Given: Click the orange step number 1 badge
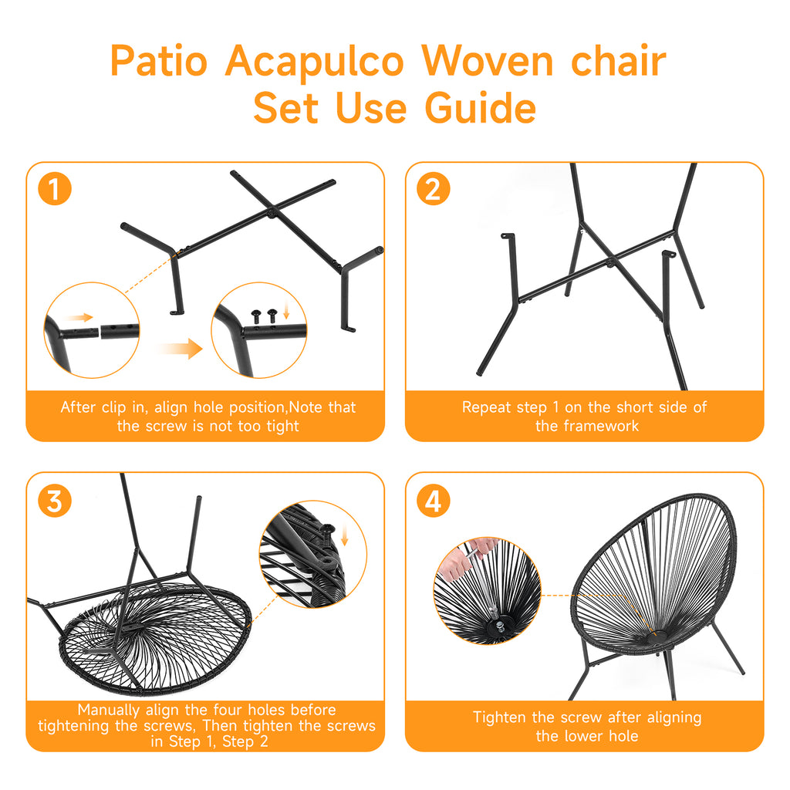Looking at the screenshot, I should pos(54,190).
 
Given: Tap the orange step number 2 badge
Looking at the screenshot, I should pos(433,190).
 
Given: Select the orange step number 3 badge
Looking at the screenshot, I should pos(54,501).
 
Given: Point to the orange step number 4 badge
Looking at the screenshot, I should pos(433,501).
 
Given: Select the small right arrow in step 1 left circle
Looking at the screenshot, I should pos(79,317).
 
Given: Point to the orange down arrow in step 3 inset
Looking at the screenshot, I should pos(343,534).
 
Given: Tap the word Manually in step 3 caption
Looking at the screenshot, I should pos(108,710).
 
